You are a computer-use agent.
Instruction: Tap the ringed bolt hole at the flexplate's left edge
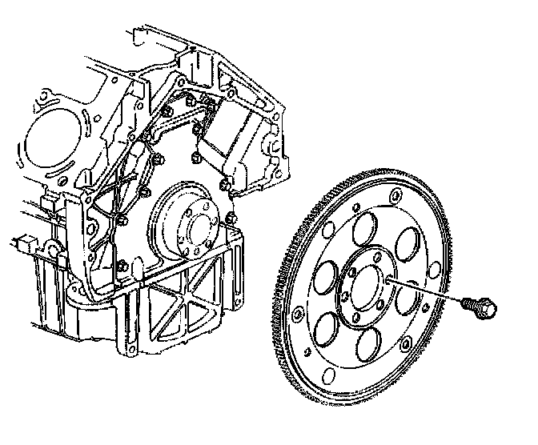[298, 316]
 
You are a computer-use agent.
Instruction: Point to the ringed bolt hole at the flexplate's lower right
[407, 345]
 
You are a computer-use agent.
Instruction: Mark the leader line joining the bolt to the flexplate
[424, 291]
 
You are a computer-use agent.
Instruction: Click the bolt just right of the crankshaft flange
[231, 217]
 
